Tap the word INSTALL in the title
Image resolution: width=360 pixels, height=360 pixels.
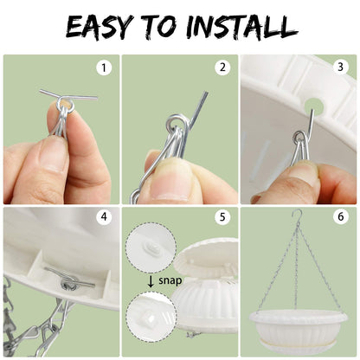tap(241, 27)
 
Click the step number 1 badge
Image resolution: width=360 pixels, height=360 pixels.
tap(104, 68)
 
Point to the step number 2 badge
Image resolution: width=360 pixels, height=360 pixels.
tap(222, 67)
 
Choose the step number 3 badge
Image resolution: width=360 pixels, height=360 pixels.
tap(341, 67)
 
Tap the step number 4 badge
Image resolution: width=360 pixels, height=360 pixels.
tap(104, 216)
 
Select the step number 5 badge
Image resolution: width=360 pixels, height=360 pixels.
tap(222, 217)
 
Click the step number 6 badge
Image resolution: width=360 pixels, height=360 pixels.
tap(341, 216)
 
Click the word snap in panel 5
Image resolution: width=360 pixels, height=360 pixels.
tap(170, 280)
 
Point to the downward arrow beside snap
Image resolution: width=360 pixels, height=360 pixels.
tap(151, 281)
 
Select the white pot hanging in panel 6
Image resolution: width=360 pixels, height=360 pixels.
tap(299, 330)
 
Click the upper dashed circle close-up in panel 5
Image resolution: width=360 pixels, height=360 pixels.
tap(151, 247)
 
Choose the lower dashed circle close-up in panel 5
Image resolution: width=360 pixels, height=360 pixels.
tap(151, 317)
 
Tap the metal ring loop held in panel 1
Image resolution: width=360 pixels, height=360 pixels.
tap(65, 105)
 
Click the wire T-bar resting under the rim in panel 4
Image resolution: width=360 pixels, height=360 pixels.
tap(69, 279)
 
